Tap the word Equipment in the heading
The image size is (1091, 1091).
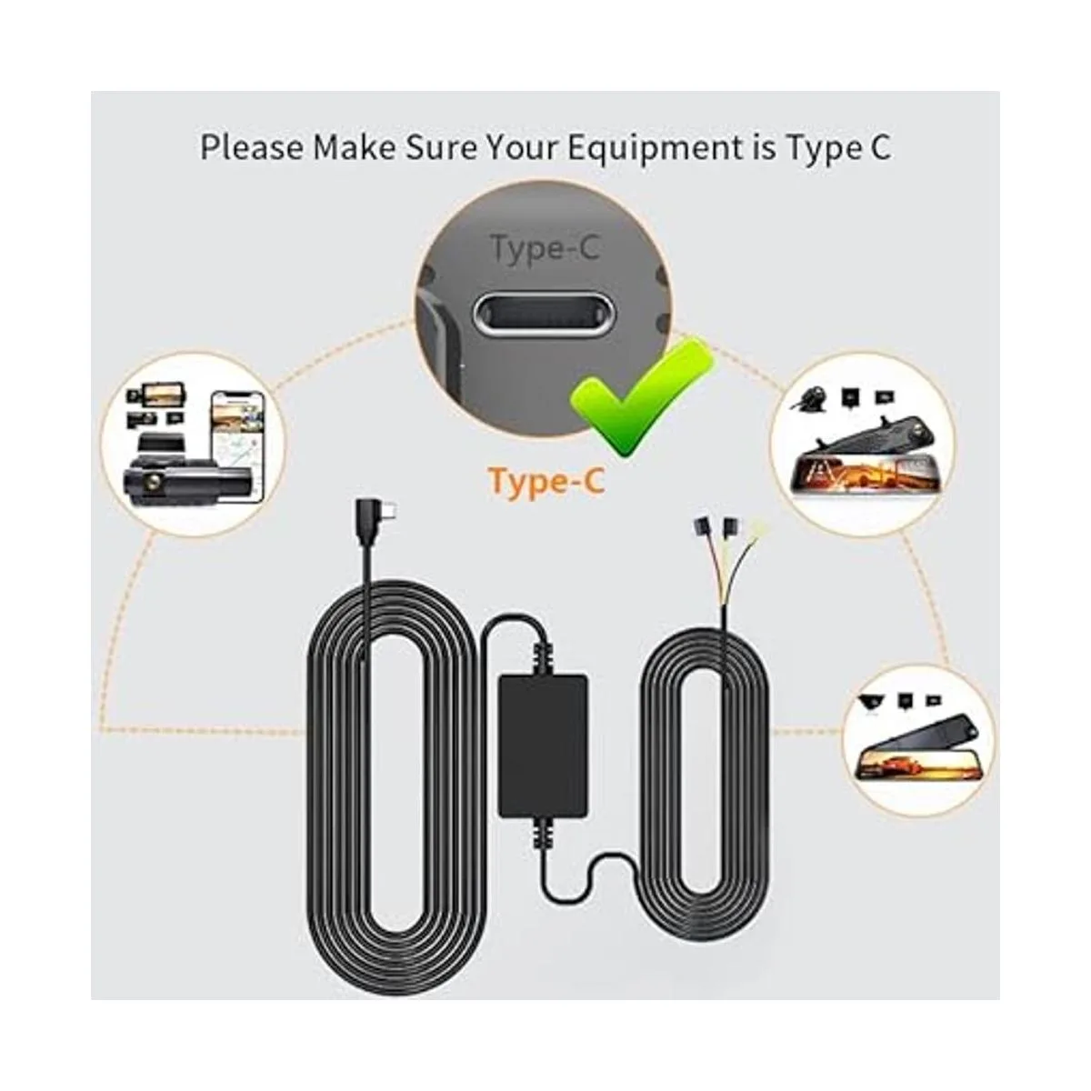click(655, 149)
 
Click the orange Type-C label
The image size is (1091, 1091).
click(546, 483)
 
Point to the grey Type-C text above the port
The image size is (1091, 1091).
click(545, 249)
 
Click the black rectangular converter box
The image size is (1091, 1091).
click(542, 746)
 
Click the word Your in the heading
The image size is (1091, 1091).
click(526, 149)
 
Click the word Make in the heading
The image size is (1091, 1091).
click(355, 148)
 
